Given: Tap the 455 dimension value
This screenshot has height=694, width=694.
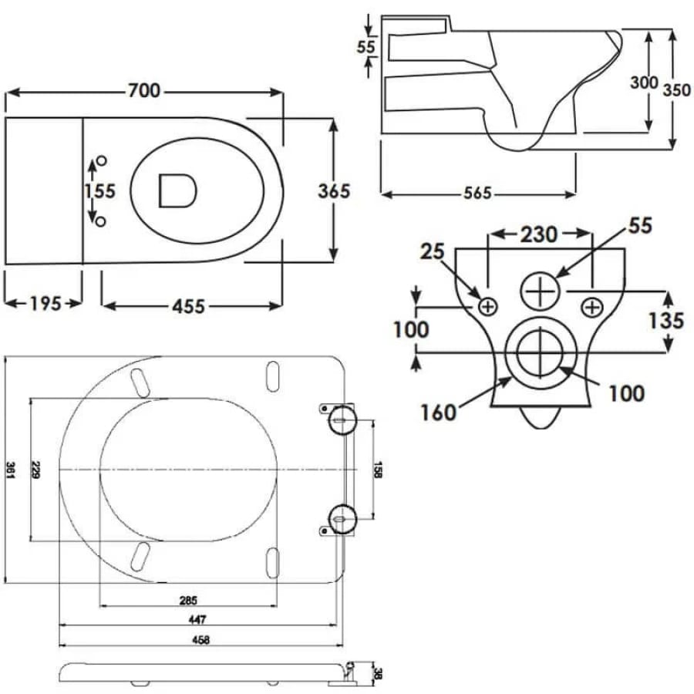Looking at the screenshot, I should coord(188,306).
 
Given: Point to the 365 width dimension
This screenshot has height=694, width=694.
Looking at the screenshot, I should coord(333,190).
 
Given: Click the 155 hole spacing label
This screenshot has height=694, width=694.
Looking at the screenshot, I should coord(99,190).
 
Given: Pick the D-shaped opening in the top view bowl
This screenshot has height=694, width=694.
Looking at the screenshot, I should coord(177,190).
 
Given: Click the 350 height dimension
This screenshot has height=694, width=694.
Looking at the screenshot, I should coord(675,89).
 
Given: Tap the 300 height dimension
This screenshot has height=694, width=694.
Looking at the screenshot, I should coord(644,83).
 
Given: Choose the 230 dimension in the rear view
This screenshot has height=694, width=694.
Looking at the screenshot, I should coord(538,234).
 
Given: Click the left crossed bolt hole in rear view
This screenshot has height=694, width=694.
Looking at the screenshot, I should coord(487,307).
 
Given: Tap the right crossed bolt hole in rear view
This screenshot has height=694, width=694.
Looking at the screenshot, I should coord(591,307).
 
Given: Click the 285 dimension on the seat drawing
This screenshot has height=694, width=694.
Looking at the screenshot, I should coord(188,600).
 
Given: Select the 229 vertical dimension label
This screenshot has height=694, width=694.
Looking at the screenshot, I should coord(34,470).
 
